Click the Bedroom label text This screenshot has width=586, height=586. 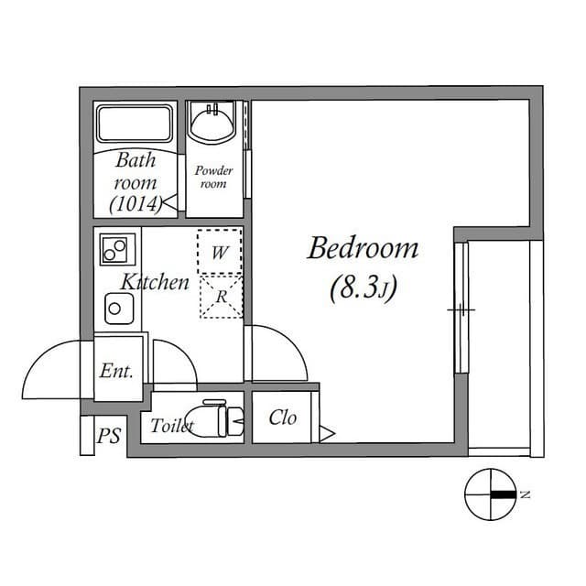click(363, 248)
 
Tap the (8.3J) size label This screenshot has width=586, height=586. click(363, 288)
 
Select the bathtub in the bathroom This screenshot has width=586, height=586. click(135, 123)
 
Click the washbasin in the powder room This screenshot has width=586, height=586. click(212, 121)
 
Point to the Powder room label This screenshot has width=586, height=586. click(213, 177)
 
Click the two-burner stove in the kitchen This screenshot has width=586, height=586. click(117, 249)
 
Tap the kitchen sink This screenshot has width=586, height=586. click(119, 309)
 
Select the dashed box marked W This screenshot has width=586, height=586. click(220, 251)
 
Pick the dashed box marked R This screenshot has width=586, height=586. click(222, 297)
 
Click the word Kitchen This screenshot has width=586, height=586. click(155, 282)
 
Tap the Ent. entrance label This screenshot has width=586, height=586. click(116, 371)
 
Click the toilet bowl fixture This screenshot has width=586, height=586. click(215, 418)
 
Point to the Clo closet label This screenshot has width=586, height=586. click(283, 418)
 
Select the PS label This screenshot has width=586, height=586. click(109, 436)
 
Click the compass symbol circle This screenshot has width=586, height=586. click(491, 494)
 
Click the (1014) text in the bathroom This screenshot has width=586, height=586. click(136, 204)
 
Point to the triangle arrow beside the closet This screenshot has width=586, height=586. click(327, 434)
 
